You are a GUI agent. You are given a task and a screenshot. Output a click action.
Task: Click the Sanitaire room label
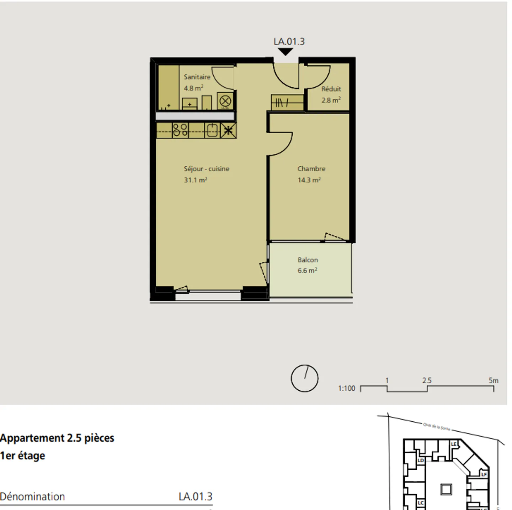197,77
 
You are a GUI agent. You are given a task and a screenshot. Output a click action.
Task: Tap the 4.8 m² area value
193,88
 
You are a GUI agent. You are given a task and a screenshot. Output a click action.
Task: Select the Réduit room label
331,89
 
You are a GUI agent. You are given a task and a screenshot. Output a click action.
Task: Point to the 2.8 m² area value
331,100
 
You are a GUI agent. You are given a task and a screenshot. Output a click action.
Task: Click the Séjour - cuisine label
206,169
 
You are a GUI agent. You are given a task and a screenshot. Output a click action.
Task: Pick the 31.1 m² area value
195,180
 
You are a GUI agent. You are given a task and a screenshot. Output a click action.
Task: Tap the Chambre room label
311,169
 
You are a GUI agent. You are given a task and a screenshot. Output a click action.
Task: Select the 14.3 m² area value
309,180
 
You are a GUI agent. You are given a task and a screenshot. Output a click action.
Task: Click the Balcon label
308,260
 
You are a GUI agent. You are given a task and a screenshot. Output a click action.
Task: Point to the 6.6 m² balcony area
307,271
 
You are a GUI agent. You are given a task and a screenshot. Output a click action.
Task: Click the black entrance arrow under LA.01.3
285,52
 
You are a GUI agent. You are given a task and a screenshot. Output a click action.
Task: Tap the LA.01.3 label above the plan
289,42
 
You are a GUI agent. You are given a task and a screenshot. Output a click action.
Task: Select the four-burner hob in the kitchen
180,130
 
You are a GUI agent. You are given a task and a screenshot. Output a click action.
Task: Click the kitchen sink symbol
212,130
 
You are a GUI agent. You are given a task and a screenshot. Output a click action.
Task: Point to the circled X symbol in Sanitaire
225,101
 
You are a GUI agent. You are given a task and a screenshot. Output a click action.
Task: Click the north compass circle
304,378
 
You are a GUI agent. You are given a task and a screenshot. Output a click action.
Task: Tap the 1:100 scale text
346,388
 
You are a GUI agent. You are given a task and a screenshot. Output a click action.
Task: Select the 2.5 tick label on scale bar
427,380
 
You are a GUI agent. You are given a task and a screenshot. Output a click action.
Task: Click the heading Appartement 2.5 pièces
57,438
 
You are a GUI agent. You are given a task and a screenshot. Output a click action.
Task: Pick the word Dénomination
32,496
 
